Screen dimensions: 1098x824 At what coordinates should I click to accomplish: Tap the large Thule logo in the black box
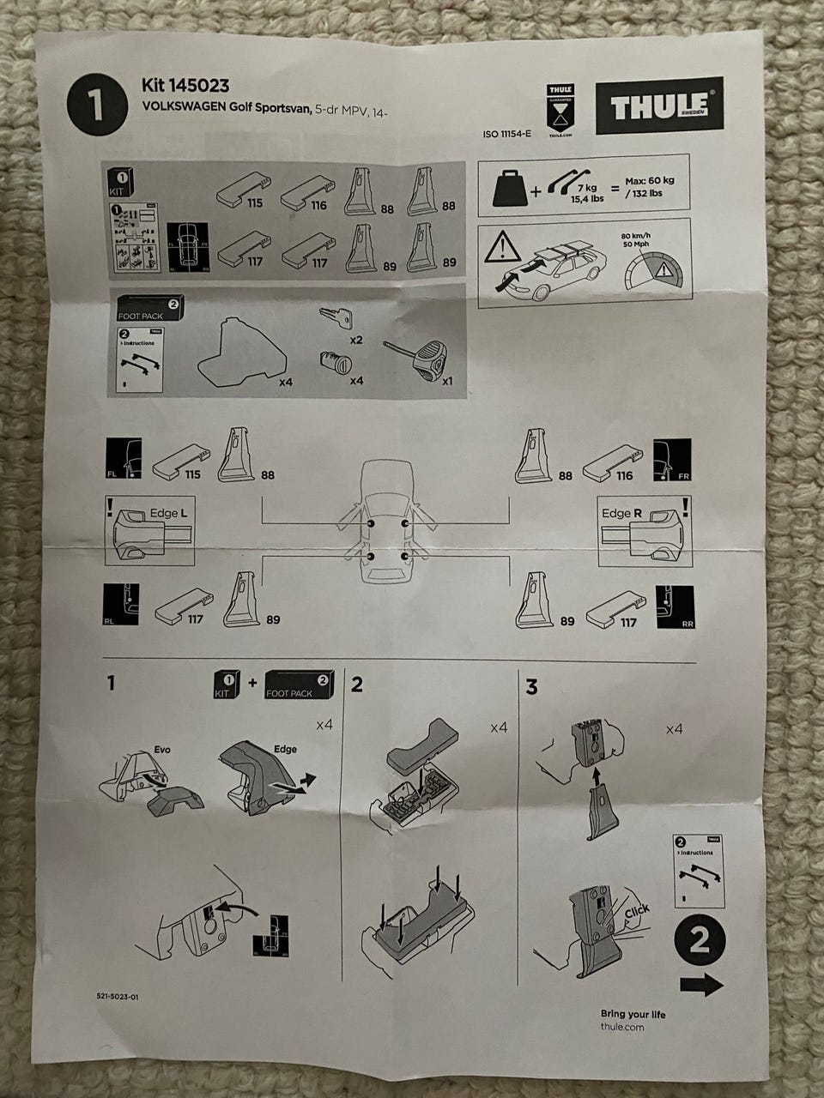[x=658, y=106]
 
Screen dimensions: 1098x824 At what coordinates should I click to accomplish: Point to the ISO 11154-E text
[x=507, y=135]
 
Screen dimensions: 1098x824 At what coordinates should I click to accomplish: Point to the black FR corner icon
[x=671, y=460]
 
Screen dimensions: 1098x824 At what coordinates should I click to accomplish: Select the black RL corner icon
[x=121, y=603]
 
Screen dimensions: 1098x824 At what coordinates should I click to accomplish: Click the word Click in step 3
[x=636, y=913]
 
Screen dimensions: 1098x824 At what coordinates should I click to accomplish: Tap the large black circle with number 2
[x=700, y=942]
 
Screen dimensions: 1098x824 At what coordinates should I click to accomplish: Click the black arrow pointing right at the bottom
[x=701, y=986]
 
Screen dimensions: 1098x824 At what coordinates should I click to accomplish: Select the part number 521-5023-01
[x=118, y=997]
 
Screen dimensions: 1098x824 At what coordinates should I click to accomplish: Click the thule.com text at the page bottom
[x=622, y=1027]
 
